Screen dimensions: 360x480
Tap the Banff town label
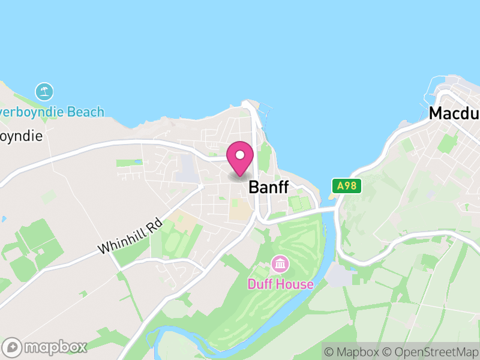pos(268,187)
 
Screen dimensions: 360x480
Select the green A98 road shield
pos(347,186)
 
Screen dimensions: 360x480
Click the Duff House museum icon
pos(280,263)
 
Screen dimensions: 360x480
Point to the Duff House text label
pos(281,283)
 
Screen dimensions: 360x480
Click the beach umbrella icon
pos(44,92)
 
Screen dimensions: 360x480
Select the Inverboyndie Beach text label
pos(52,112)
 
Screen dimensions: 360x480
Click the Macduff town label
pos(454,113)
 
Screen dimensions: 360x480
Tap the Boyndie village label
pos(21,136)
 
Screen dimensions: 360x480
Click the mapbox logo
pos(45,347)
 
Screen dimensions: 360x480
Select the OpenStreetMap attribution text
pos(431,351)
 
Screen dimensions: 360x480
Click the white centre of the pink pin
pos(240,155)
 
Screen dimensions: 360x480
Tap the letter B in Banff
pos(254,187)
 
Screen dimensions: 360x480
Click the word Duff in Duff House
pos(261,283)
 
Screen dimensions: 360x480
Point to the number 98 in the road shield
pos(351,186)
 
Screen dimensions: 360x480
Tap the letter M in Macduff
pos(436,113)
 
